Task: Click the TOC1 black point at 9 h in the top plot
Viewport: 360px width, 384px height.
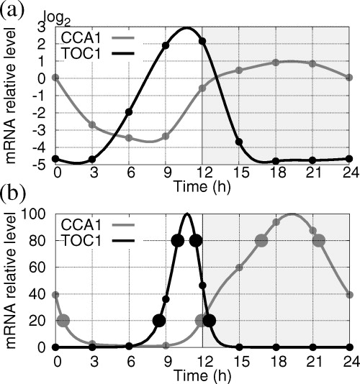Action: tap(166, 45)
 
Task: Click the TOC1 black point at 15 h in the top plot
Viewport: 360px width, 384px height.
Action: tap(239, 141)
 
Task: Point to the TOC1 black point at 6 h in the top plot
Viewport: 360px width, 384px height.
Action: tap(130, 112)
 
